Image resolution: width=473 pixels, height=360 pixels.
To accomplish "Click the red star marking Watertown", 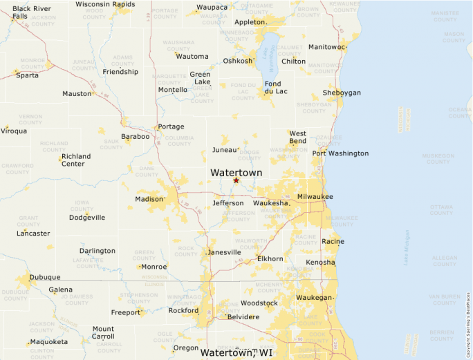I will pyautogui.click(x=236, y=180).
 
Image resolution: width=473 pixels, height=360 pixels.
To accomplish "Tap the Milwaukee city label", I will pyautogui.click(x=315, y=197).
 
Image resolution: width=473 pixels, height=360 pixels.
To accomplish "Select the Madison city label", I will pyautogui.click(x=149, y=199).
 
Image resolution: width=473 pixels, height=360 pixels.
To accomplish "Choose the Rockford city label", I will pyautogui.click(x=183, y=311).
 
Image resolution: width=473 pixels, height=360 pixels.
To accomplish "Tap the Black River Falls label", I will pyautogui.click(x=30, y=12).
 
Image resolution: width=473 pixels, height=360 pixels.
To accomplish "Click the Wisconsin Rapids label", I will pyautogui.click(x=105, y=4).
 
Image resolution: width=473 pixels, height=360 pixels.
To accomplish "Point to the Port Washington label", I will pyautogui.click(x=340, y=153).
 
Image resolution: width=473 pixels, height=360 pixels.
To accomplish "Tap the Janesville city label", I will pyautogui.click(x=225, y=252).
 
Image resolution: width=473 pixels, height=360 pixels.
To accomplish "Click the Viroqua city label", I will pyautogui.click(x=14, y=131).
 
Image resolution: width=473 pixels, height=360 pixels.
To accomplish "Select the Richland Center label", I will pyautogui.click(x=76, y=160).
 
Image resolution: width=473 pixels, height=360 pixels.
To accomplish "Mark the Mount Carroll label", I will pyautogui.click(x=103, y=333).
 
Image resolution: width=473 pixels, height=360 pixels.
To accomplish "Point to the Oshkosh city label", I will pyautogui.click(x=237, y=61).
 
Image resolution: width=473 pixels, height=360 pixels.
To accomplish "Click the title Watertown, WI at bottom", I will pyautogui.click(x=236, y=353).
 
